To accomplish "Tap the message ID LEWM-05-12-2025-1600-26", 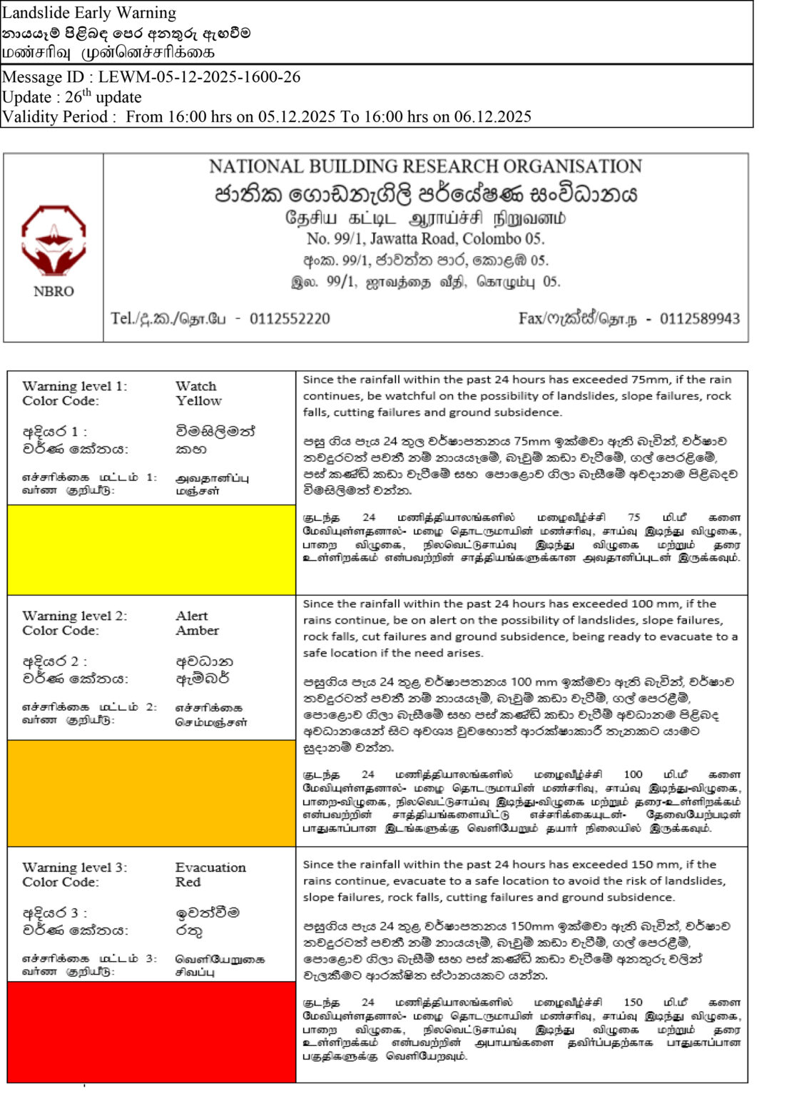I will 199,77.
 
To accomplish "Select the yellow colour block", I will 151,549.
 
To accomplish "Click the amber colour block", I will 151,792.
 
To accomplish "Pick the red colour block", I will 151,1031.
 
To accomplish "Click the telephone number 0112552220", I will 290,319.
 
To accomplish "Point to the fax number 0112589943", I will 699,319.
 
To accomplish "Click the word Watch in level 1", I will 195,386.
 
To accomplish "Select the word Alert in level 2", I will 192,616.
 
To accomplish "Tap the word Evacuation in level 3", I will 210,868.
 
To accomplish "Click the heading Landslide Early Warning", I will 89,13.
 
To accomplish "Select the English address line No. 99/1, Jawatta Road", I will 425,239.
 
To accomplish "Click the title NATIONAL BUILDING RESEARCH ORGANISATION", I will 425,167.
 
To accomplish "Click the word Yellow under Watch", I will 198,401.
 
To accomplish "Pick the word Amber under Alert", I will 197,631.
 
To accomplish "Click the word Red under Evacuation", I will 188,883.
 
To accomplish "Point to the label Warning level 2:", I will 74,616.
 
